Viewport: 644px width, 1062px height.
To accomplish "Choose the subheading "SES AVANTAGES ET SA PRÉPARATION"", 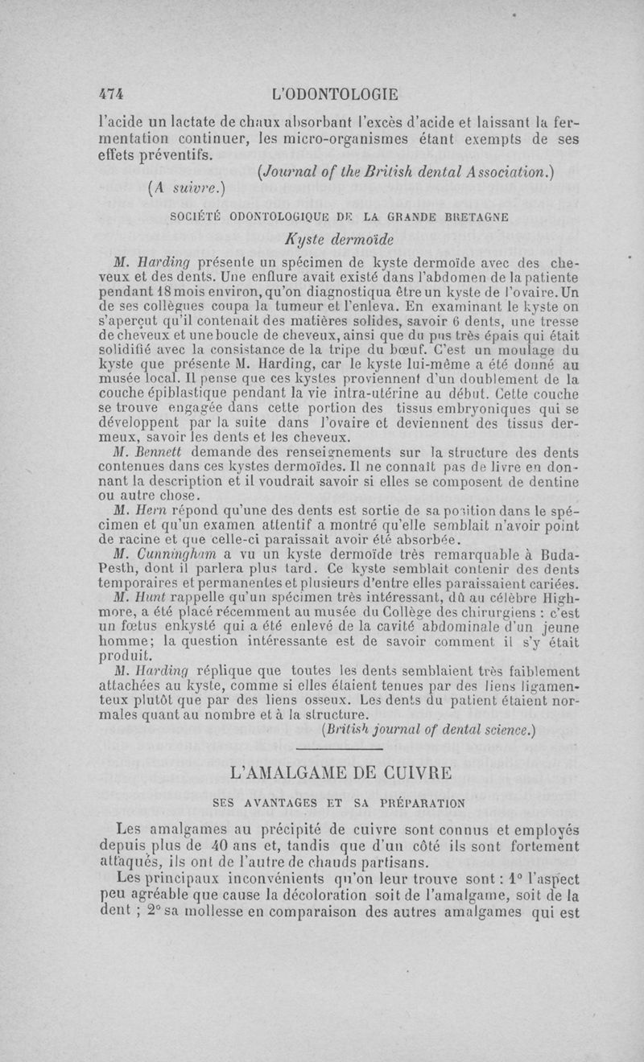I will (338, 802).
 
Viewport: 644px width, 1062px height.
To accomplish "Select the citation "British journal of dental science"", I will (427, 731).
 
